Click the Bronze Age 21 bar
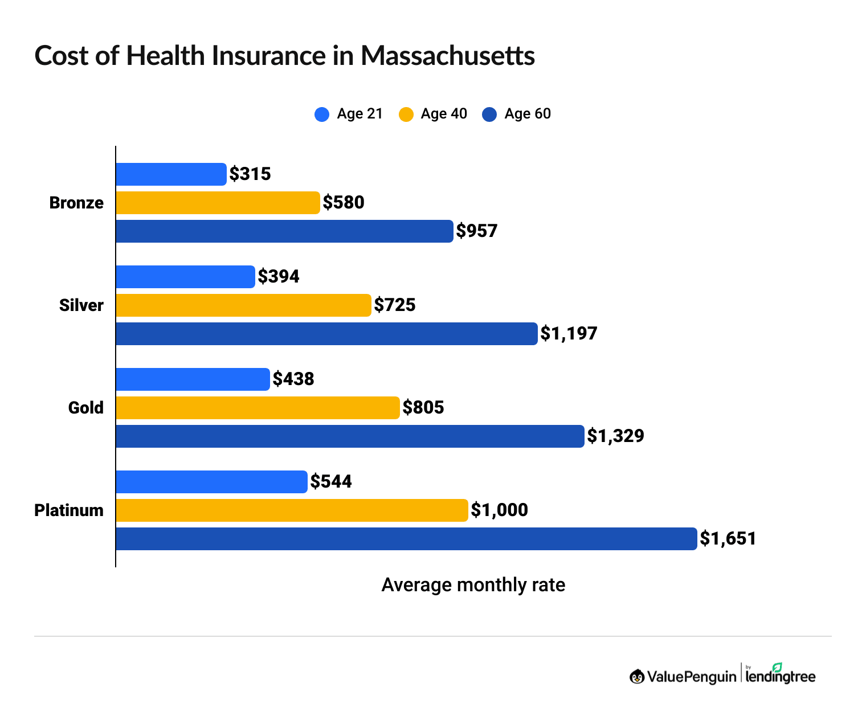click(x=171, y=174)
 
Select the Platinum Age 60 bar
click(x=406, y=539)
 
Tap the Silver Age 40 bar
click(x=243, y=305)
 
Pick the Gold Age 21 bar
click(x=193, y=379)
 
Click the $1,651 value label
click(x=728, y=539)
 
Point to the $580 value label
click(x=344, y=203)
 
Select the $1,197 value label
click(x=569, y=334)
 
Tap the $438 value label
click(x=293, y=379)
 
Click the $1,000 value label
click(x=499, y=510)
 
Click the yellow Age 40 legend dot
click(x=406, y=114)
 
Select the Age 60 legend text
click(x=528, y=114)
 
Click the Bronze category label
click(x=76, y=203)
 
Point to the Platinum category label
click(x=69, y=510)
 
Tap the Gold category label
click(x=85, y=408)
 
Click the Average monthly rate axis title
click(x=473, y=585)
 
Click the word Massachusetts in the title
click(x=447, y=56)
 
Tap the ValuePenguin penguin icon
click(x=637, y=677)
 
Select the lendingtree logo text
click(x=781, y=676)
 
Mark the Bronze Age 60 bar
click(x=284, y=231)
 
